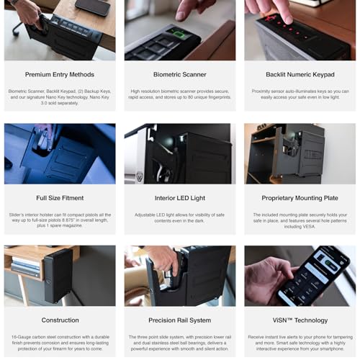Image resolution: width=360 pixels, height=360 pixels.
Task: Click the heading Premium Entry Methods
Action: (59, 74)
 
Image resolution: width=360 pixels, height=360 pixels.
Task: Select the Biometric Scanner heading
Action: (179, 74)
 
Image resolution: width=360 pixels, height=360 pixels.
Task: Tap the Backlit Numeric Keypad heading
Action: (300, 74)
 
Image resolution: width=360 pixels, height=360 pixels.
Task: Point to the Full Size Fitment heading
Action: (59, 197)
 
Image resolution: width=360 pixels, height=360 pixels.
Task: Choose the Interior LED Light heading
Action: (179, 197)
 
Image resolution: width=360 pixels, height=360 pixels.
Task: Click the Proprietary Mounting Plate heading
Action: (300, 197)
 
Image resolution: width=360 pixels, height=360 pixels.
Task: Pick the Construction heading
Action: (59, 320)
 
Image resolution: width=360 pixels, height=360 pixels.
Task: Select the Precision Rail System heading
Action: (179, 320)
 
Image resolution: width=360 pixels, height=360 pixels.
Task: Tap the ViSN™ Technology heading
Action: (300, 320)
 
